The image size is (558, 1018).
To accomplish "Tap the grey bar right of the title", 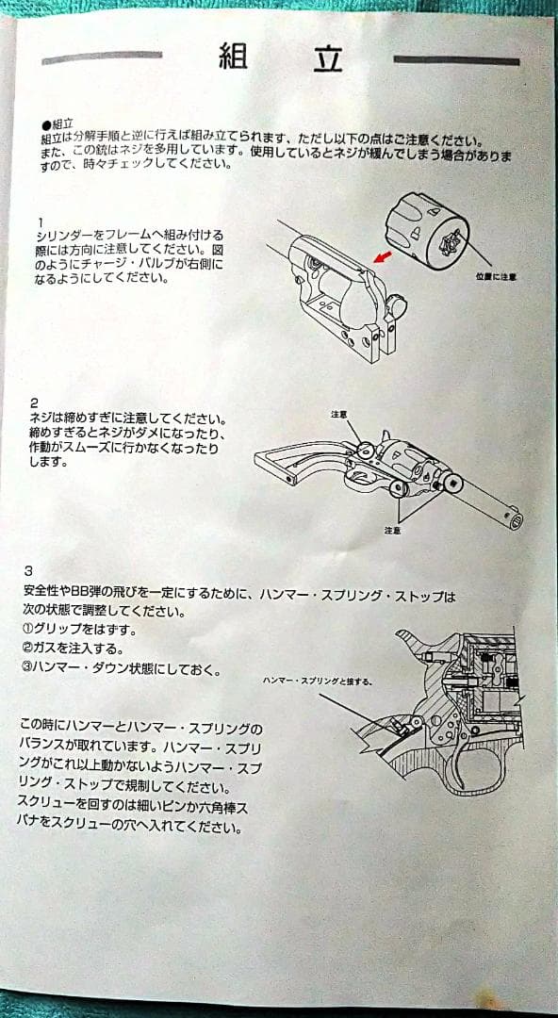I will [456, 61].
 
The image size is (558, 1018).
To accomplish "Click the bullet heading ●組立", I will [57, 123].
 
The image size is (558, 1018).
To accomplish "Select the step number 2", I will [34, 402].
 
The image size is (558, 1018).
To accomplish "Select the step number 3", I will [29, 570].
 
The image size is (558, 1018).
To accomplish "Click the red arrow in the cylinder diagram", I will [382, 256].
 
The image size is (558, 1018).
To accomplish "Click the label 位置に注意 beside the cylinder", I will [496, 277].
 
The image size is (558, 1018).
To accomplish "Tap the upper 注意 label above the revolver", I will [340, 414].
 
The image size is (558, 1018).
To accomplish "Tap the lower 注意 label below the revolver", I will [392, 531].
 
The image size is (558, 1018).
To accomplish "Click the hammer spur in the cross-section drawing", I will [406, 639].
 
